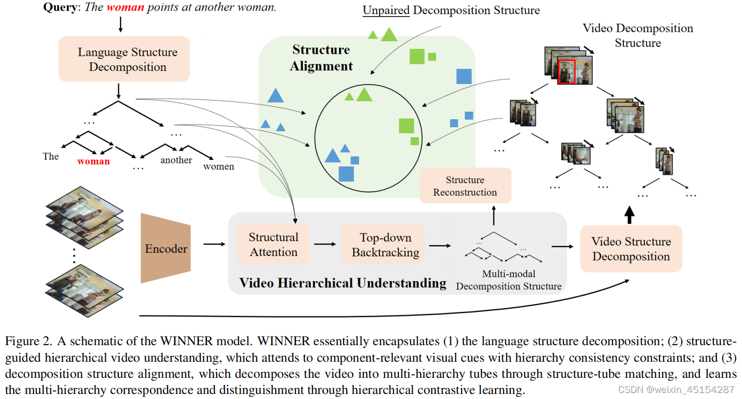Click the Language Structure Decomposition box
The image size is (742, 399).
[124, 59]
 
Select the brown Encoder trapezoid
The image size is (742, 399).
[166, 249]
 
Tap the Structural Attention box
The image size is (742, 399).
[274, 245]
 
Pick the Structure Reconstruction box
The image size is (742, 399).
[465, 186]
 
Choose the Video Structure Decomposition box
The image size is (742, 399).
[631, 249]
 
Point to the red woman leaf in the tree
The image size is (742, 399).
[94, 162]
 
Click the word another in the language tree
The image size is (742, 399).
[176, 160]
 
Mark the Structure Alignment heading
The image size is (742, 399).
[321, 57]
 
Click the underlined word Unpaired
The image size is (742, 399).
[386, 10]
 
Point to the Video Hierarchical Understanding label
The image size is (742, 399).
[343, 283]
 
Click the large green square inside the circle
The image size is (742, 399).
[406, 126]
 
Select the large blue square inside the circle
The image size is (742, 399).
[346, 174]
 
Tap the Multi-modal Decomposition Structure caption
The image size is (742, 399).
[509, 280]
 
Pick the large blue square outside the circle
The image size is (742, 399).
[463, 76]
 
